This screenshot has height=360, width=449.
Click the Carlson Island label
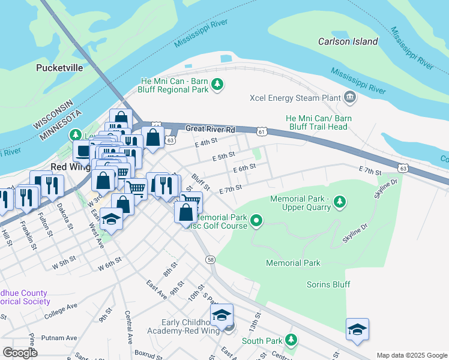(348, 41)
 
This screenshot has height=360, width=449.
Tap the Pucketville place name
(59, 68)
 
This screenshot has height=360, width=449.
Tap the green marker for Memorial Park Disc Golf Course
(256, 221)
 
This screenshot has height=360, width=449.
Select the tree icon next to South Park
(291, 340)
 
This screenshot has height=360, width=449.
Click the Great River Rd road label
(209, 129)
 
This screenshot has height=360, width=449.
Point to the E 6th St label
(244, 168)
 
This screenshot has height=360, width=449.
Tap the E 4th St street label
(205, 143)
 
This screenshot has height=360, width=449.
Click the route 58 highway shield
(210, 259)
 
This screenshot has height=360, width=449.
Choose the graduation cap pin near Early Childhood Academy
(221, 314)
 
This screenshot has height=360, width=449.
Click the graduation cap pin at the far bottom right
(357, 329)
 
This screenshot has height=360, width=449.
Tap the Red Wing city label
(66, 166)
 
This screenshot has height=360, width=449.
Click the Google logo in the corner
(20, 353)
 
